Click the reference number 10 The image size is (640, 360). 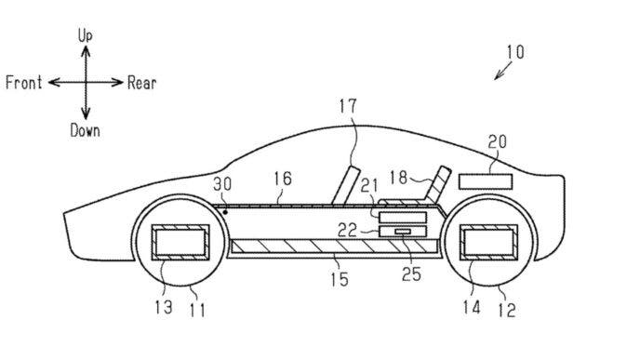513,52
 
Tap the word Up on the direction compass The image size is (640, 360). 86,34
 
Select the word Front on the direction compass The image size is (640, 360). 25,83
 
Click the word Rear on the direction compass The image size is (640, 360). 142,83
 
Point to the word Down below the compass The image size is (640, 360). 85,130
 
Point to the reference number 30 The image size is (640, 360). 224,185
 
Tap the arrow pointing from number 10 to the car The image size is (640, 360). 501,72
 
